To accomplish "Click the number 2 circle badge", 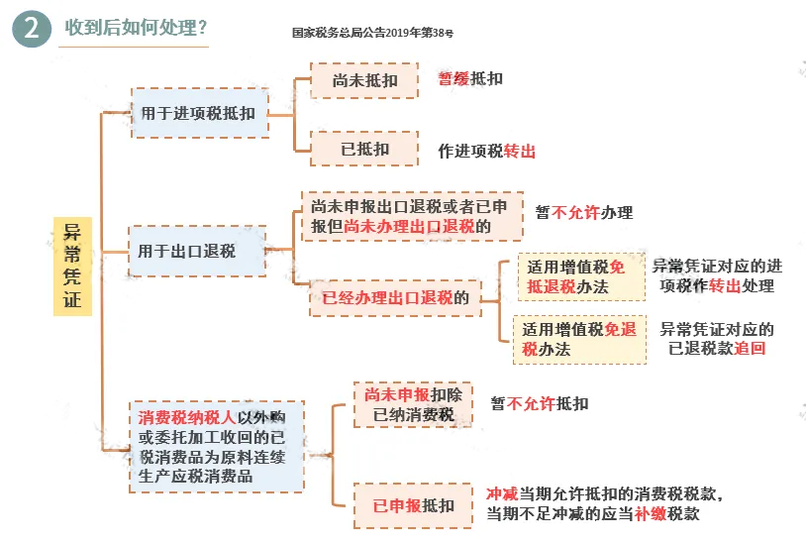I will pyautogui.click(x=32, y=30).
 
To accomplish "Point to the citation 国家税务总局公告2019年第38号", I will pyautogui.click(x=373, y=33).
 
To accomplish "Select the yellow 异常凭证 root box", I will pyautogui.click(x=72, y=265).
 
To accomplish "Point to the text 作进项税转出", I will pyautogui.click(x=487, y=153).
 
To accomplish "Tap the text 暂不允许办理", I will pyautogui.click(x=584, y=213).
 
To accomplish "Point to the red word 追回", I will pyautogui.click(x=750, y=349).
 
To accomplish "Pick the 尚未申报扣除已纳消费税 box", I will pyautogui.click(x=413, y=404).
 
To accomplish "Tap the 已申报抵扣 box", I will pyautogui.click(x=413, y=505).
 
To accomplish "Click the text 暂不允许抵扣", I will pyautogui.click(x=540, y=403).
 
